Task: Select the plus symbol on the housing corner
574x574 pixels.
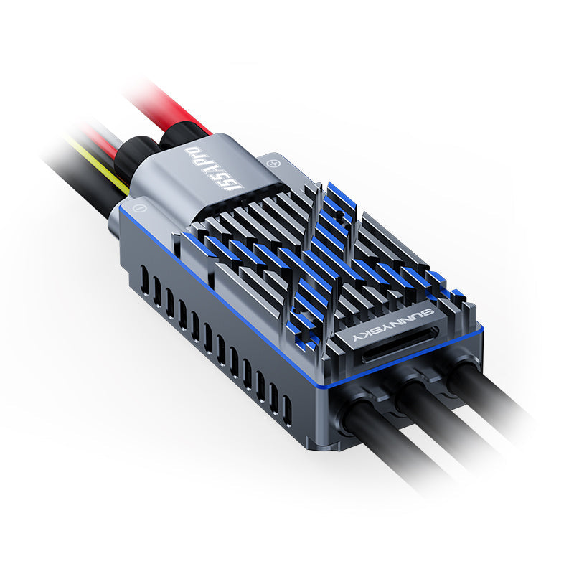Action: point(272,163)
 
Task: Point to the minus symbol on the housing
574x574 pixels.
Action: point(140,208)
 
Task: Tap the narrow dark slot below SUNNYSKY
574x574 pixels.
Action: point(402,349)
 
